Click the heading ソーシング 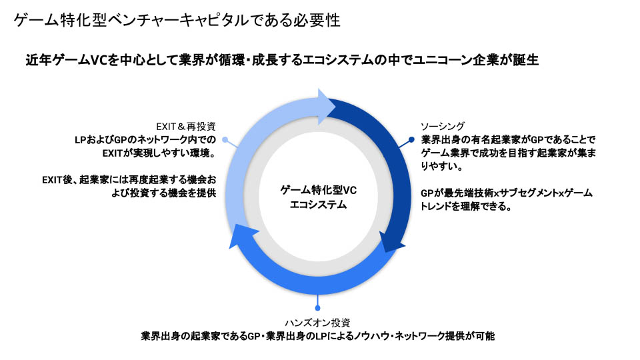tap(443, 126)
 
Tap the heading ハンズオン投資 tap(318, 323)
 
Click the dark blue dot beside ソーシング tap(411, 140)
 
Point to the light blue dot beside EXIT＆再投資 tap(225, 140)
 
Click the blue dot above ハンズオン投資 tap(319, 309)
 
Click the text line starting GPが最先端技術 tap(507, 193)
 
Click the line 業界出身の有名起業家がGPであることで tap(507, 139)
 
